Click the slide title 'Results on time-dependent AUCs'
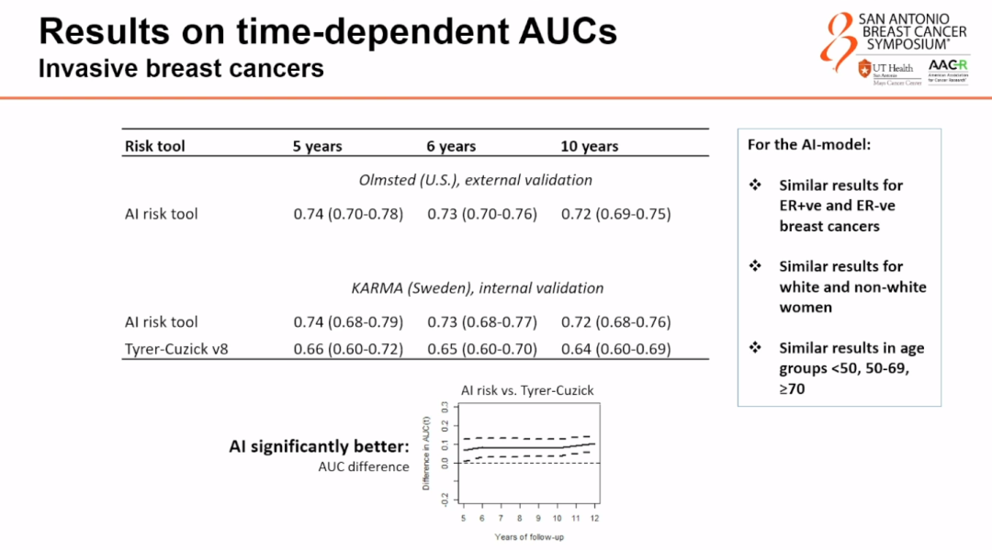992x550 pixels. [x=327, y=32]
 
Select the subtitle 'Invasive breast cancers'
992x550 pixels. [x=181, y=68]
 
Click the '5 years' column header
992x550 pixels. [x=318, y=146]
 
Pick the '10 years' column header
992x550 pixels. [x=590, y=146]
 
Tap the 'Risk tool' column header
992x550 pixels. [x=154, y=146]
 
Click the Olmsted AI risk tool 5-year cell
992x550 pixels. [x=348, y=214]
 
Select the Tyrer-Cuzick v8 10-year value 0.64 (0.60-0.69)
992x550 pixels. [x=615, y=349]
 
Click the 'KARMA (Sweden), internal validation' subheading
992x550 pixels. [x=478, y=287]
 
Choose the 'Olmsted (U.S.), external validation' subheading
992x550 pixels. [x=475, y=180]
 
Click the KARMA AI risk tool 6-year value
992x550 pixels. [x=482, y=322]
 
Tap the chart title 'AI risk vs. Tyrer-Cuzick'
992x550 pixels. [x=527, y=390]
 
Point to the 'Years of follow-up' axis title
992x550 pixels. [x=529, y=536]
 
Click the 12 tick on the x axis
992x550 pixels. [x=594, y=518]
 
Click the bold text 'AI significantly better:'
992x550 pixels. [x=319, y=446]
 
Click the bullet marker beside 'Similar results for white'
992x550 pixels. [x=756, y=266]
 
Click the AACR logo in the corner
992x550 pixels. [x=945, y=71]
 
